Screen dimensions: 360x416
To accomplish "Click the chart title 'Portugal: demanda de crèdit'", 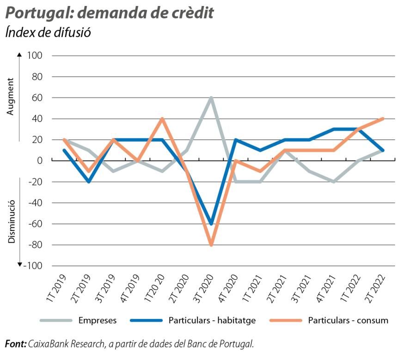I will point(109,13).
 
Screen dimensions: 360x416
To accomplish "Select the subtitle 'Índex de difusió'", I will point(47,33).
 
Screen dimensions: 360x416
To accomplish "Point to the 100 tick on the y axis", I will point(35,55).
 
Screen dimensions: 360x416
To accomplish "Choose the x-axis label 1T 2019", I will point(58,288).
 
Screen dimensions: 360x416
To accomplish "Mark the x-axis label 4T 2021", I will point(326,288).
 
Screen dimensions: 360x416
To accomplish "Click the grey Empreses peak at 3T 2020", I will point(211,98).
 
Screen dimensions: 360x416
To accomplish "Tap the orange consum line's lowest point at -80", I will point(211,245).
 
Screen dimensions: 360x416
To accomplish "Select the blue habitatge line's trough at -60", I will point(211,224).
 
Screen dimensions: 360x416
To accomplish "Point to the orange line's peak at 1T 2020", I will point(162,119).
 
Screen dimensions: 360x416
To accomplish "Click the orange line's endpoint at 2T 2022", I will point(383,119).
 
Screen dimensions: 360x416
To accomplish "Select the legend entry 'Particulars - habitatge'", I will point(212,320).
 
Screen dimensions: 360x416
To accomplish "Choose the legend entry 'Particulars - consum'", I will point(348,320).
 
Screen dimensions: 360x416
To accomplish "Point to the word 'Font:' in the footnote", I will point(16,344).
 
